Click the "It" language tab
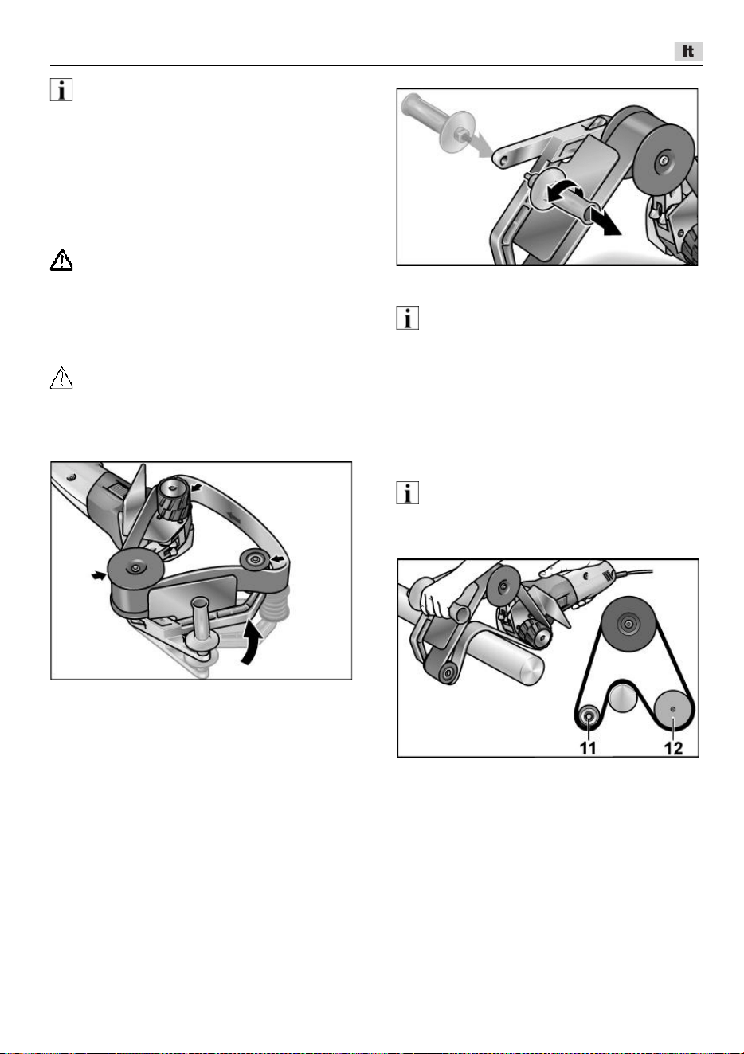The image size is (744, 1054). [688, 51]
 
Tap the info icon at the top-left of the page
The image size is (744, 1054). [61, 89]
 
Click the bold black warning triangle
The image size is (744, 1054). [61, 260]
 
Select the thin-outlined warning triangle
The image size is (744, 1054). [61, 378]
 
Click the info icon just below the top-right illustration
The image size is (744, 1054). [408, 318]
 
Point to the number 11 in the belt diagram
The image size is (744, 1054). [588, 748]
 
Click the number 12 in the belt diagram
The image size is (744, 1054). [673, 748]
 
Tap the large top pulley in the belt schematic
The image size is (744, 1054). [627, 624]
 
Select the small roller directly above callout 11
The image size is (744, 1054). [588, 717]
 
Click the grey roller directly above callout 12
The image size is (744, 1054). [672, 710]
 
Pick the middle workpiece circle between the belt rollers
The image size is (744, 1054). [623, 697]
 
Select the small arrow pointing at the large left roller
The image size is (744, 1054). [99, 575]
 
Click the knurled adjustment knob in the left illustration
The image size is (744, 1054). [174, 500]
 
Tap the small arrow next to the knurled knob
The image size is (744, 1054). [198, 488]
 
